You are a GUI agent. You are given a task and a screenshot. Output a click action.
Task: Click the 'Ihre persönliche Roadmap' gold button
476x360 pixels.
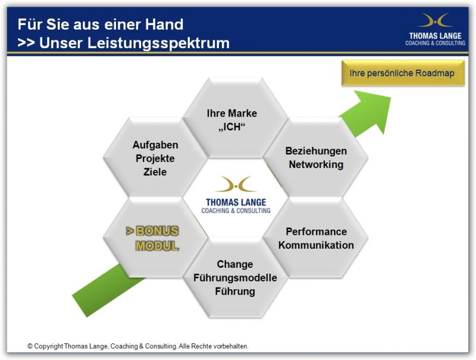[403, 73]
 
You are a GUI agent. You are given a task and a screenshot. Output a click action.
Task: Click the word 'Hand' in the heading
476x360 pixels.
[165, 24]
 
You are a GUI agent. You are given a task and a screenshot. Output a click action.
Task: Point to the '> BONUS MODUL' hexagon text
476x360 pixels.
[152, 238]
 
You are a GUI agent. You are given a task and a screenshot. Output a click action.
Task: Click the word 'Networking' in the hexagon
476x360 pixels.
[316, 164]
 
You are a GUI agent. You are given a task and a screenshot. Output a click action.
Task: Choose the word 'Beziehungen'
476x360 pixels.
[316, 151]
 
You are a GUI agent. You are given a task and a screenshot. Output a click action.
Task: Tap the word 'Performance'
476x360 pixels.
[316, 231]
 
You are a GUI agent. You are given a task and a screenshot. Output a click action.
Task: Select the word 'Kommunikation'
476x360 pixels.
[316, 245]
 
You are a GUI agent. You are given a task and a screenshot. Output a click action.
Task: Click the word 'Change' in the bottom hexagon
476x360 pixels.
[235, 264]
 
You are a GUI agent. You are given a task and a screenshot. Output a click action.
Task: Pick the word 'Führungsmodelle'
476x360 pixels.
[235, 278]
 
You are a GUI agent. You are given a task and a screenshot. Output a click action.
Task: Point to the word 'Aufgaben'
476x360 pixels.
[155, 145]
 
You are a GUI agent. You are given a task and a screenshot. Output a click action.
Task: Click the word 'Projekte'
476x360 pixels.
[155, 158]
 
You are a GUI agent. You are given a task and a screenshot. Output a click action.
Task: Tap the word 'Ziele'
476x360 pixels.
[155, 172]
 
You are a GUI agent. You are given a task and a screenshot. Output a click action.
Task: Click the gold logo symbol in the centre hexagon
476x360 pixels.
[236, 184]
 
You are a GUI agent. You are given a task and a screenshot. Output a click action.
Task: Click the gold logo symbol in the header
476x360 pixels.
[435, 21]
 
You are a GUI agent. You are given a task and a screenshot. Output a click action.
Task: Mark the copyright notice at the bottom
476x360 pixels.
[138, 346]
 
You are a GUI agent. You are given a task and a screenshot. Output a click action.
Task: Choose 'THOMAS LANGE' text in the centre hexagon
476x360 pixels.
[236, 202]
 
